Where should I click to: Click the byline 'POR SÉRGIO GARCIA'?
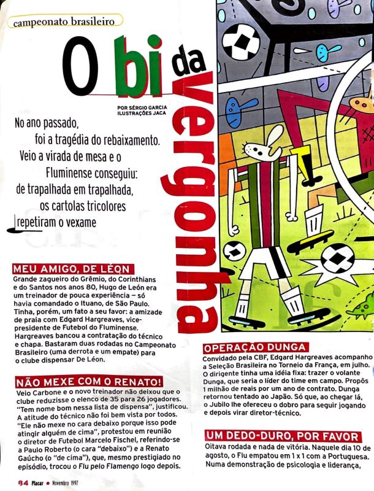(x=142, y=107)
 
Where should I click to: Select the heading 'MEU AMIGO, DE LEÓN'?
(x=70, y=268)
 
